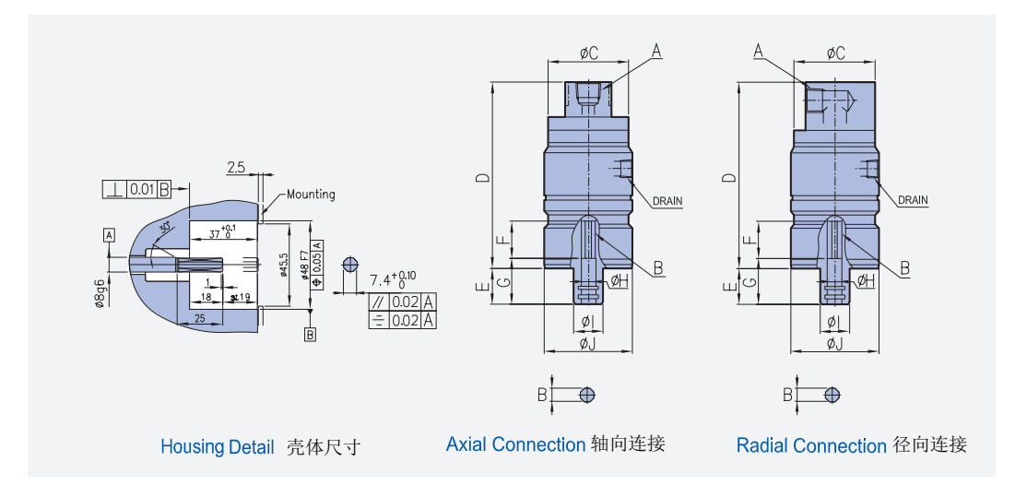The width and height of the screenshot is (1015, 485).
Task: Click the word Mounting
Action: (311, 195)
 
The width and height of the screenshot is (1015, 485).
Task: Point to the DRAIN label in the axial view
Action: (667, 200)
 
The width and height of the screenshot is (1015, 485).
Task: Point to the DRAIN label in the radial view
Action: (913, 200)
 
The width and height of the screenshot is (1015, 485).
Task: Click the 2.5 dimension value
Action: (236, 167)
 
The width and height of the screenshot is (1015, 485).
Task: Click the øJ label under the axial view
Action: (587, 344)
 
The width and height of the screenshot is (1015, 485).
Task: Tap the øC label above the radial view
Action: (835, 53)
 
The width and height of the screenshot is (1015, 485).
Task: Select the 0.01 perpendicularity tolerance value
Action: (141, 190)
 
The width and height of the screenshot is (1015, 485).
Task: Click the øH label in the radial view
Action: (866, 280)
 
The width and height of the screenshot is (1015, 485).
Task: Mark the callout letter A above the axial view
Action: (656, 53)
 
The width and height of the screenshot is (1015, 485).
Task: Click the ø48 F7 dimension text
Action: (304, 263)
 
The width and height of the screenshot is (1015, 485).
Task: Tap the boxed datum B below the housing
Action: (310, 335)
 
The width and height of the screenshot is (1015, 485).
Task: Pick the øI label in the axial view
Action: (586, 321)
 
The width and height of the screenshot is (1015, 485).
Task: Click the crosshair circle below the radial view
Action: (832, 395)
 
